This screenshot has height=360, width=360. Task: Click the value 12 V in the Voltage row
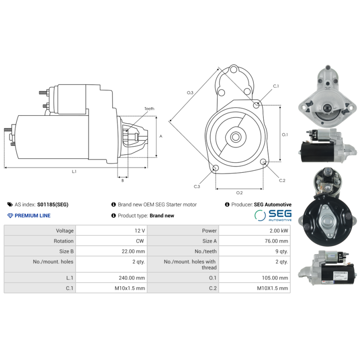click(x=139, y=230)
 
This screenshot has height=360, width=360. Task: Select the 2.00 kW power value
click(x=279, y=230)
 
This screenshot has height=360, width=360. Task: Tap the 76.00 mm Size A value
click(x=276, y=241)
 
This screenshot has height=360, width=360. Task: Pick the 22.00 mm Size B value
click(x=133, y=251)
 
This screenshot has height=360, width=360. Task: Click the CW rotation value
click(x=140, y=241)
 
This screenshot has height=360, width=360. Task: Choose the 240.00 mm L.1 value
click(x=132, y=278)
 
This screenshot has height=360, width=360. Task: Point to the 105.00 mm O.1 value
click(x=275, y=278)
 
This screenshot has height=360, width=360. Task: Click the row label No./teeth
click(x=206, y=251)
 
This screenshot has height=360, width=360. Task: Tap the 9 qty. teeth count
click(x=282, y=251)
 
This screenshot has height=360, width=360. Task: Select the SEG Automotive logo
click(x=273, y=216)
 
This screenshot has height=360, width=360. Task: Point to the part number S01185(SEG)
click(x=53, y=205)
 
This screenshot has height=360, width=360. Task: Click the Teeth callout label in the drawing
click(x=149, y=108)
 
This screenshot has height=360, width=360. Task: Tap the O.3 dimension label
click(x=190, y=93)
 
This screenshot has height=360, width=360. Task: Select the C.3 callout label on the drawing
click(x=197, y=186)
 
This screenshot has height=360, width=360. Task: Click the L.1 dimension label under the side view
click(x=74, y=171)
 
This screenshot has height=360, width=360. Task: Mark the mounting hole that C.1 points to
click(x=256, y=105)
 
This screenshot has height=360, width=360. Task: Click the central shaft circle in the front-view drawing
click(x=236, y=137)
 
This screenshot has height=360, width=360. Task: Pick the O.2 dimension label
click(x=239, y=193)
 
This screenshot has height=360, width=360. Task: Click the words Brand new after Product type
click(x=162, y=216)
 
